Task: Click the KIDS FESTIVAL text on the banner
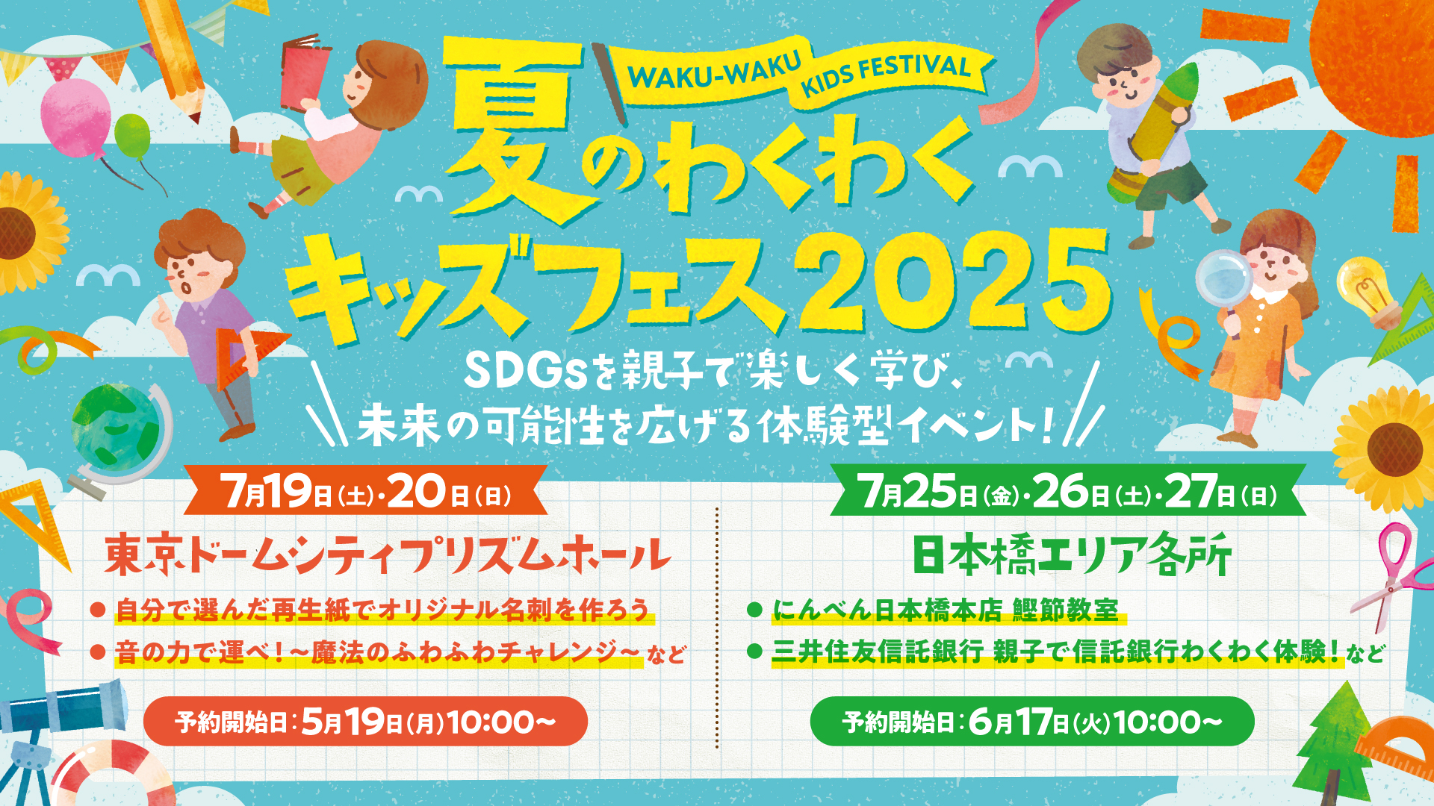click(886, 75)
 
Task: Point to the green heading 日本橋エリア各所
click(1072, 555)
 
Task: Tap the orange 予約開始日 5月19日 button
click(365, 722)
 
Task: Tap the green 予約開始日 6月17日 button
click(1032, 722)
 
